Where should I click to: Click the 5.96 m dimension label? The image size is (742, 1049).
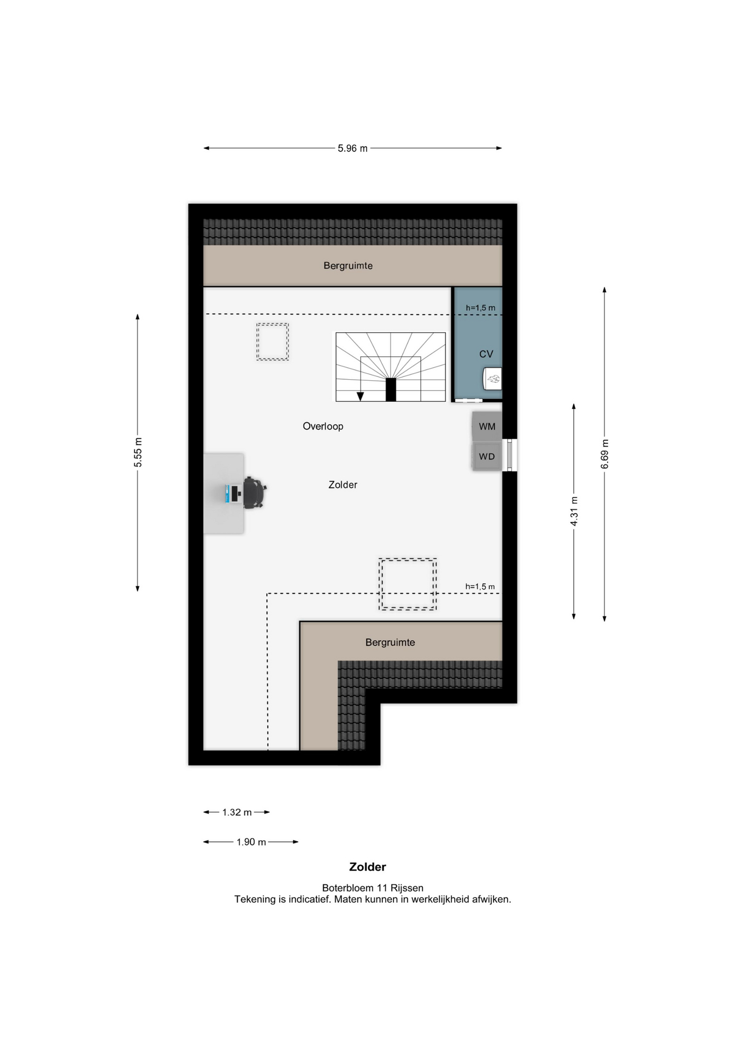pos(352,148)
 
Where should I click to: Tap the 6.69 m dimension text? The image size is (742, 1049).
pos(605,453)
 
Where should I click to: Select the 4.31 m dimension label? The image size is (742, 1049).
pos(574,511)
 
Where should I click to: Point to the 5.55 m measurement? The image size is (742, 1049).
pos(138,452)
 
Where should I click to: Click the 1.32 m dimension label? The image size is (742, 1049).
pos(237,812)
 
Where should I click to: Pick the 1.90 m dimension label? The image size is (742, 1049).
pos(251,842)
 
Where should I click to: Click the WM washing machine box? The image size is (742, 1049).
pos(487,426)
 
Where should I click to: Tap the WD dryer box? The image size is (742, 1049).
pos(487,456)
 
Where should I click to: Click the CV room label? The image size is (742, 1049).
pos(486,354)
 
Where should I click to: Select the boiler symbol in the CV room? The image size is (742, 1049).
pos(493,379)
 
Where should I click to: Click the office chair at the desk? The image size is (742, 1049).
pos(254,492)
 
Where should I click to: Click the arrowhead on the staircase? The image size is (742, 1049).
pos(360,397)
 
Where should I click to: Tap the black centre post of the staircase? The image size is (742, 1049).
pos(391,390)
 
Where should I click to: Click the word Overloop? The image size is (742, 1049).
pos(323,426)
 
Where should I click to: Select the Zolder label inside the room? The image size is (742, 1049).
pos(343,485)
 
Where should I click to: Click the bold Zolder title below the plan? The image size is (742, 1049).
pos(368,867)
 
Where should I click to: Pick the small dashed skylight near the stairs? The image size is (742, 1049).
pos(273,342)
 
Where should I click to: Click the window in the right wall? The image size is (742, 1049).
pos(510,455)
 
